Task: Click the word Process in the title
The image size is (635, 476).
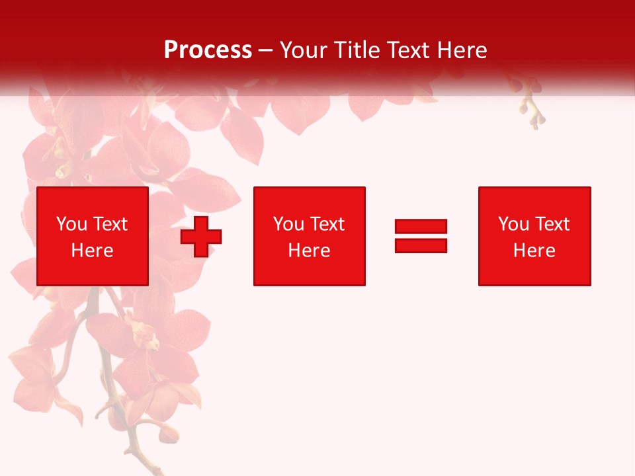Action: coord(208,50)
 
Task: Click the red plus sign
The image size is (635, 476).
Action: coord(201,237)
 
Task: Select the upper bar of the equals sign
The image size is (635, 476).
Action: coord(421,227)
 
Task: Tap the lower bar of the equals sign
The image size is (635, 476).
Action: coord(421,245)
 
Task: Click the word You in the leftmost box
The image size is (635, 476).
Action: coord(71,224)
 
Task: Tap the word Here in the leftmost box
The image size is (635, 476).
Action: coord(92,251)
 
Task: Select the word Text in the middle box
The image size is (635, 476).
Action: coord(327,224)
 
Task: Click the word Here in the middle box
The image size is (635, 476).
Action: coord(309,251)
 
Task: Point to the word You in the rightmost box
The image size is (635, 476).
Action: coord(513,224)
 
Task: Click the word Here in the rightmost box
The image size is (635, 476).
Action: coord(534,251)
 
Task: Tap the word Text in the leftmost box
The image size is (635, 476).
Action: coord(110,224)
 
